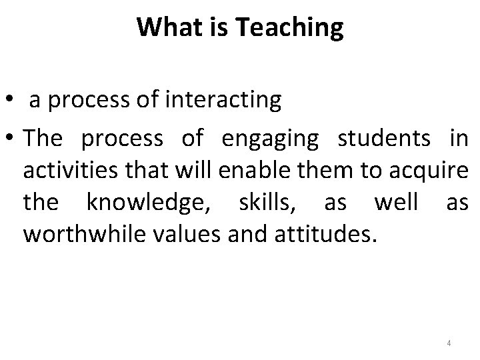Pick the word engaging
pos(270,139)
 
